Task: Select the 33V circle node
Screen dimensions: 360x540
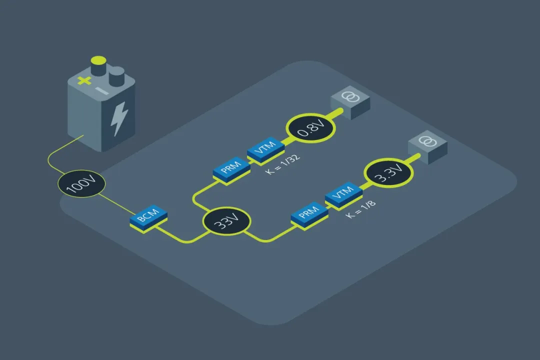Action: (x=226, y=222)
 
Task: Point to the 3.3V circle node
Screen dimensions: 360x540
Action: (x=389, y=173)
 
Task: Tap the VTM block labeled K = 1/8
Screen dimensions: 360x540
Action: (x=343, y=194)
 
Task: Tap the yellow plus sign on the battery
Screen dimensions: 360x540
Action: (x=85, y=80)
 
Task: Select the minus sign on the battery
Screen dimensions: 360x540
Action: (x=101, y=91)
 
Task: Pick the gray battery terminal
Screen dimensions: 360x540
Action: (x=116, y=75)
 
